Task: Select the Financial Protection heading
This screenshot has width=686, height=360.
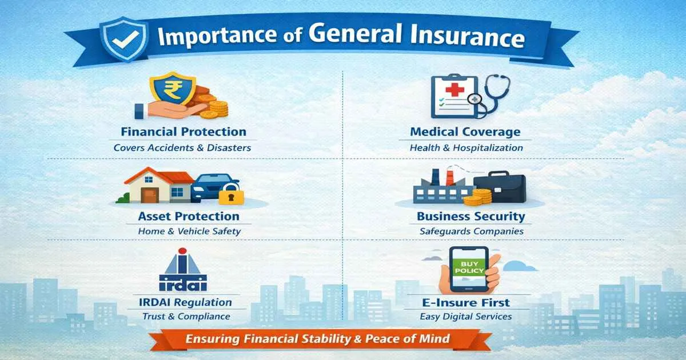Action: pyautogui.click(x=184, y=132)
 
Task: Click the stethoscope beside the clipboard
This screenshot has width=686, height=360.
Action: pyautogui.click(x=490, y=94)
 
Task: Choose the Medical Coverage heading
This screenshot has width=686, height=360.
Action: pyautogui.click(x=465, y=132)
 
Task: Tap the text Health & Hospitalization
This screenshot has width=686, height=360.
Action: pyautogui.click(x=466, y=147)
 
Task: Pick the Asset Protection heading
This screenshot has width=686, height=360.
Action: pyautogui.click(x=189, y=217)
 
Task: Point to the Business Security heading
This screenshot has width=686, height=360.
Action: pyautogui.click(x=470, y=217)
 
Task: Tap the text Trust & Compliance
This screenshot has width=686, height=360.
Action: pyautogui.click(x=186, y=316)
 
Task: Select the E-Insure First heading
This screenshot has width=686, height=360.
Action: pyautogui.click(x=465, y=302)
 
